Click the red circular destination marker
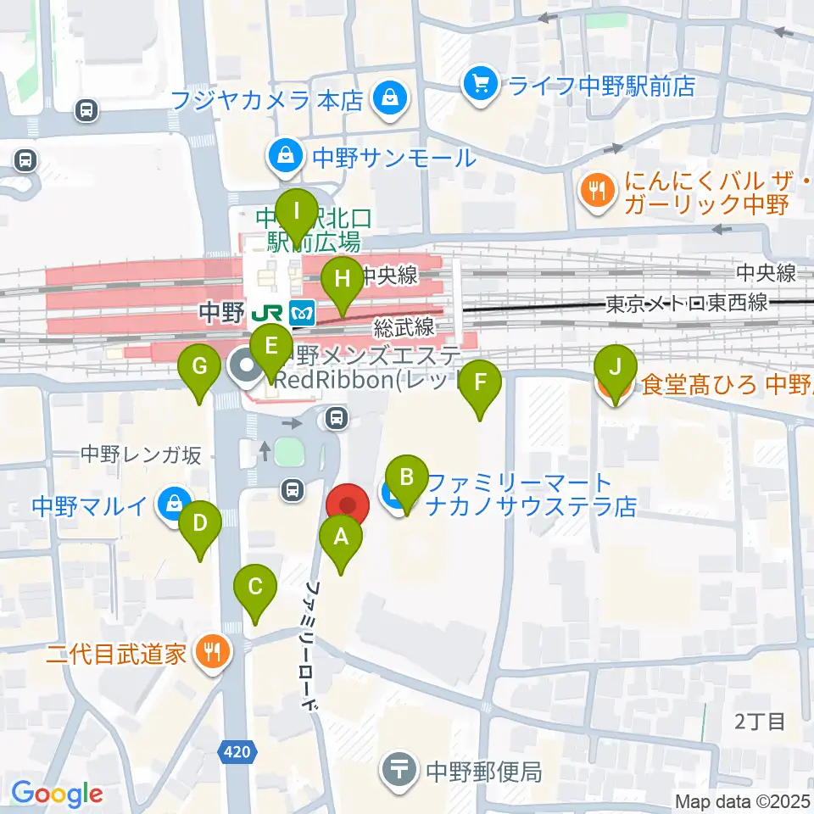click(348, 505)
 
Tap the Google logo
click(57, 794)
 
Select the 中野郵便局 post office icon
click(401, 771)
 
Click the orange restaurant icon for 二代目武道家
click(209, 651)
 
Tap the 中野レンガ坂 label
click(141, 455)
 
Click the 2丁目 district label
click(760, 722)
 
